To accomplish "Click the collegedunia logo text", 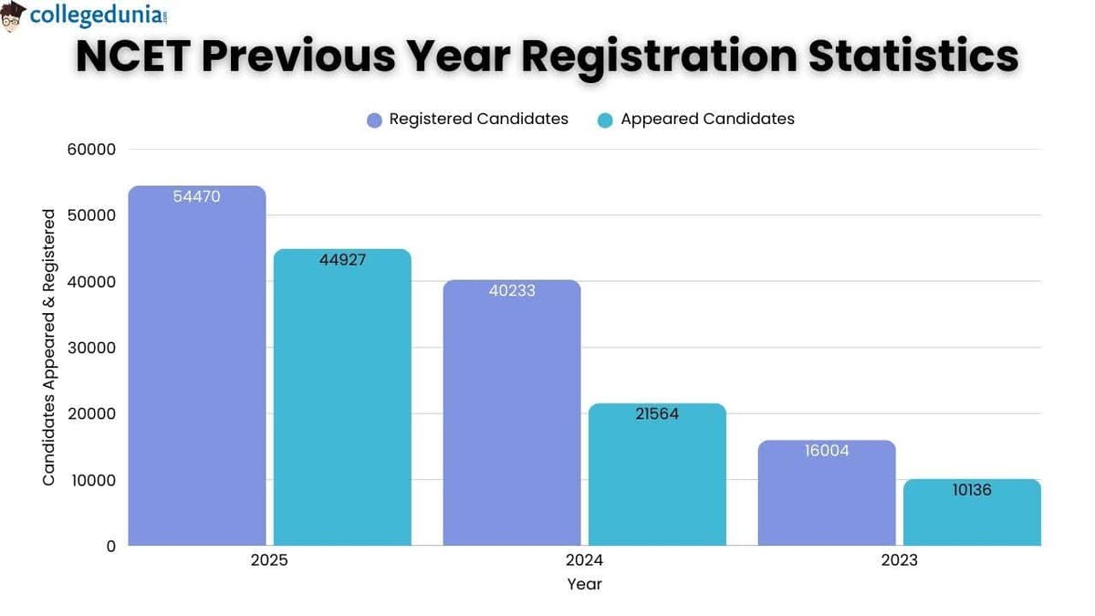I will click(98, 16).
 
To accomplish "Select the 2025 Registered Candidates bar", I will click(197, 365).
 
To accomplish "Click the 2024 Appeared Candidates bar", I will click(657, 475).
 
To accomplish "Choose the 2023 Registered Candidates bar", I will click(827, 493).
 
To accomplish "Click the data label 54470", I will click(197, 196).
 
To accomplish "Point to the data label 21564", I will click(657, 413).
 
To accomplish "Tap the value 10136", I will click(972, 490).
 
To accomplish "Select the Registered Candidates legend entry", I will click(467, 119).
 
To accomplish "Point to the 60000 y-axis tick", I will click(91, 150).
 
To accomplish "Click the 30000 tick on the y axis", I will click(91, 348).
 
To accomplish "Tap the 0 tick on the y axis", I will click(110, 546).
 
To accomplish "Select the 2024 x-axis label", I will click(584, 560).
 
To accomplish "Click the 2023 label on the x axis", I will click(899, 560).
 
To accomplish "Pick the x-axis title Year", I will click(584, 584).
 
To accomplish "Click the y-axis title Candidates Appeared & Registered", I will click(49, 347).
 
